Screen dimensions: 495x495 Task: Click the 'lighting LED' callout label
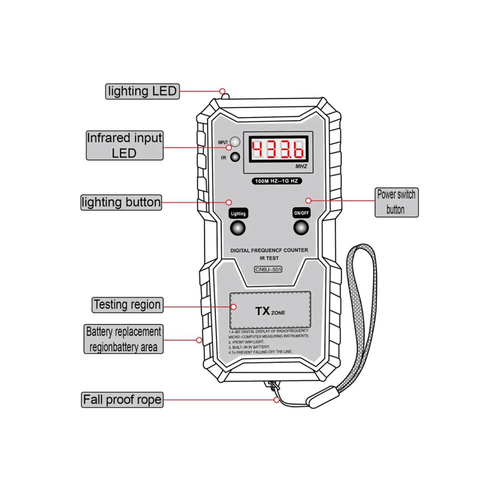142,91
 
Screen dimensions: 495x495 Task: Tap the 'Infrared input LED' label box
124,145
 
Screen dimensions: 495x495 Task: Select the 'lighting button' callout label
121,202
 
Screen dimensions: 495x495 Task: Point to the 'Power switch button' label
396,202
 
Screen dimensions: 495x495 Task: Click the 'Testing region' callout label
127,305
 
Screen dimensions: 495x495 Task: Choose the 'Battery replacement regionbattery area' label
123,339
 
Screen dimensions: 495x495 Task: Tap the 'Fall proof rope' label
122,399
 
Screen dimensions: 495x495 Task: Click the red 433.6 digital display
278,148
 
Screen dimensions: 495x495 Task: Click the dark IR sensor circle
235,157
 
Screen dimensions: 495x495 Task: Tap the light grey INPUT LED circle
234,141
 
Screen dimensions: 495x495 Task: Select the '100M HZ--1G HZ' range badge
276,181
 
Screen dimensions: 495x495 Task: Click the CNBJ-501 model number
268,269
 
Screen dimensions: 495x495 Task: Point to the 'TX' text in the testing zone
262,311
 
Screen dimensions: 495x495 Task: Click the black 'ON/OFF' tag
301,213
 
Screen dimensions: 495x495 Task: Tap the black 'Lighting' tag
238,213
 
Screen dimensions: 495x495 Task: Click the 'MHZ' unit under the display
301,166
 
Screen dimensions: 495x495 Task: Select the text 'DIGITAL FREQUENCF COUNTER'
269,250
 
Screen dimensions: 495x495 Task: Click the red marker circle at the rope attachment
276,399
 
